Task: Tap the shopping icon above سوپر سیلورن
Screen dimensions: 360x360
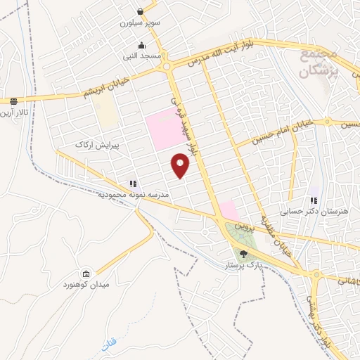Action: [141, 11]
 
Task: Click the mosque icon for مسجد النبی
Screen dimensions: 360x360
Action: [142, 44]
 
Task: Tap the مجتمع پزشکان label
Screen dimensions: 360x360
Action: [318, 62]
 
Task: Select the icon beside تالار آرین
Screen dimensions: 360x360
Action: [13, 101]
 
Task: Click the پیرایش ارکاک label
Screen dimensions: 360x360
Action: [94, 144]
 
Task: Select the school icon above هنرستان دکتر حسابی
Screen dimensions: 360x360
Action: [314, 200]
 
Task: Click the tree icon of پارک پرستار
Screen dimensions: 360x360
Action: [243, 254]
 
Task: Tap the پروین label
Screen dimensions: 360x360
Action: [242, 225]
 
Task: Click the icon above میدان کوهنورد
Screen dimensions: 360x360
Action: [86, 274]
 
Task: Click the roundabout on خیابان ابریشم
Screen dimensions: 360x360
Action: [167, 67]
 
